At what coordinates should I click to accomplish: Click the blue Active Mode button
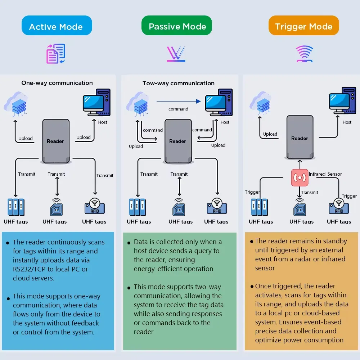[57, 26]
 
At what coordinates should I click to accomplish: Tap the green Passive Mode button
[176, 26]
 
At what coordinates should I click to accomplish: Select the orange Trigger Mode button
[303, 26]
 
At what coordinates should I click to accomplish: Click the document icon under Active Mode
[56, 54]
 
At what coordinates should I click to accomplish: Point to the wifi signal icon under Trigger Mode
[305, 54]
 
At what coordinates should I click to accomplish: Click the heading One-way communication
[57, 83]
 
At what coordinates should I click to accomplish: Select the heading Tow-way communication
[179, 83]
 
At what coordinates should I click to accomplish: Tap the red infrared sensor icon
[300, 177]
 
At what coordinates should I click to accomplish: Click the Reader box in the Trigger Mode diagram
[300, 137]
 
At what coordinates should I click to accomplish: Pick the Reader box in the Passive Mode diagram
[178, 141]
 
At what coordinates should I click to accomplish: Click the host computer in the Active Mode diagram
[96, 102]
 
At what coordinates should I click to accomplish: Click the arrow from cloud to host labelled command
[179, 101]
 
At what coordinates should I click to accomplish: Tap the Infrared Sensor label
[325, 174]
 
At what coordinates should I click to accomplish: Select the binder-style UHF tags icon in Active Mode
[16, 207]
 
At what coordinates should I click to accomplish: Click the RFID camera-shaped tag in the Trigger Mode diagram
[339, 206]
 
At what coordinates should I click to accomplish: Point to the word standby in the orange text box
[335, 241]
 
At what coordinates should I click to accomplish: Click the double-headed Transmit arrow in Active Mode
[57, 186]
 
